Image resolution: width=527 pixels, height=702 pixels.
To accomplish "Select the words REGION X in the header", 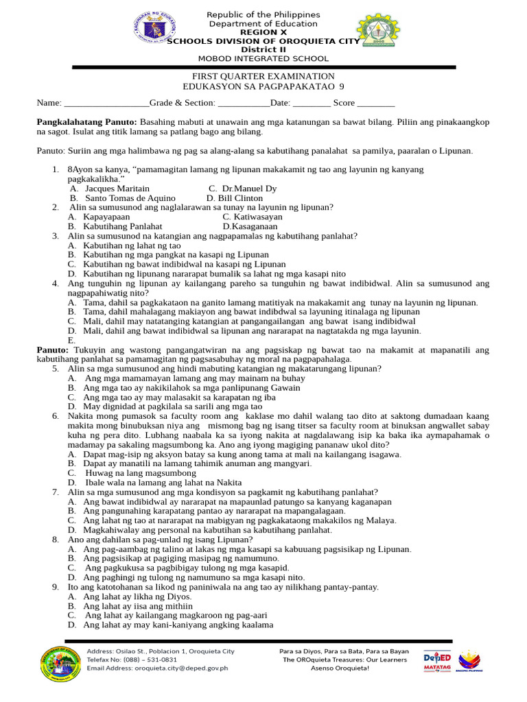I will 263,32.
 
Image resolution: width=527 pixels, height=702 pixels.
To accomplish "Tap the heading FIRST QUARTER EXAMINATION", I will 263,76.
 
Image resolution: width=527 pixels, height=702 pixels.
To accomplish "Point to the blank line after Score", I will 376,103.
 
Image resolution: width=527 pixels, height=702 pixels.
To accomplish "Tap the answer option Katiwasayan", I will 253,217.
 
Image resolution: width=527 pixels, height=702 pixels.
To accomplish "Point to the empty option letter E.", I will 71,341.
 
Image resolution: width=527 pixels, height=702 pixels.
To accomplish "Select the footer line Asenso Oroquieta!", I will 339,668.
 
